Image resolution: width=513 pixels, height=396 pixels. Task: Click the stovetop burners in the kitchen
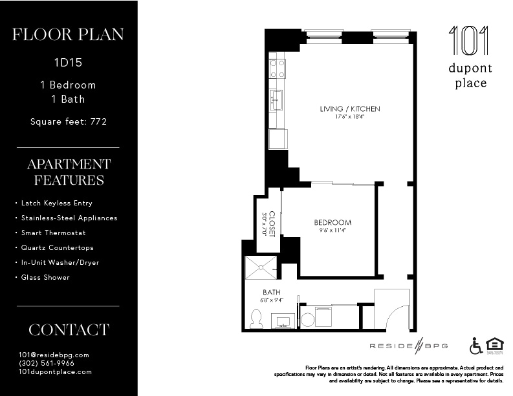tap(278, 68)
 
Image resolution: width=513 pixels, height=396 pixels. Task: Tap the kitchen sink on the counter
tap(277, 100)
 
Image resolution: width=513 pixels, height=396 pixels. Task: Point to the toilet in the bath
tap(256, 318)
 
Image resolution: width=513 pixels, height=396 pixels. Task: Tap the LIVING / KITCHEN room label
tap(349, 109)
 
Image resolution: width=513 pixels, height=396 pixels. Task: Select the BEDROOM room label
tap(333, 222)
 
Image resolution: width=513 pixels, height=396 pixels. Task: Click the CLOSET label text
tap(272, 223)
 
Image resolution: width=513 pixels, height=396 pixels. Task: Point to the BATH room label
tap(271, 292)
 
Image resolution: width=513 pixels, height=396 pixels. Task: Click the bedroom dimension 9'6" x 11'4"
tap(333, 231)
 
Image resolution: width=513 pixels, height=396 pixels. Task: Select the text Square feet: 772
tap(69, 121)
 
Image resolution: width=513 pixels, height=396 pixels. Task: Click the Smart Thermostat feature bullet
tap(53, 233)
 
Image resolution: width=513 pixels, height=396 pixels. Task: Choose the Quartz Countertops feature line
tap(57, 247)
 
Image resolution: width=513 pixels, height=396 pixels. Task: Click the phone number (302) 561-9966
tap(47, 363)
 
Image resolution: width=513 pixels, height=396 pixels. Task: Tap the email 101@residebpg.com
tap(54, 355)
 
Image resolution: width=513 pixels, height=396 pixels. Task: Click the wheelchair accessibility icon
tap(475, 346)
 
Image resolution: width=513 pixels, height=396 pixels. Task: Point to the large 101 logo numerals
tap(470, 41)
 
